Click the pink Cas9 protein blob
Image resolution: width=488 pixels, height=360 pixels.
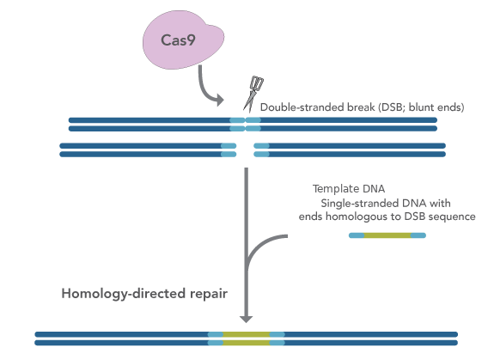click(183, 40)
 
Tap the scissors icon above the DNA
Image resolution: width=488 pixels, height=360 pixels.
click(253, 94)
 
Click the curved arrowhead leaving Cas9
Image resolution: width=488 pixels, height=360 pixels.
click(220, 100)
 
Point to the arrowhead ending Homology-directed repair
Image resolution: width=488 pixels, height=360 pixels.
click(247, 320)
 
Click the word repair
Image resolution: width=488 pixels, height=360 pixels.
click(209, 295)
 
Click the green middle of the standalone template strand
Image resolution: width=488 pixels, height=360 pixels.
click(387, 235)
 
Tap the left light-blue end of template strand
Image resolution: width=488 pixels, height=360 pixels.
click(357, 235)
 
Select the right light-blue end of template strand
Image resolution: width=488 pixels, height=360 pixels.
click(418, 235)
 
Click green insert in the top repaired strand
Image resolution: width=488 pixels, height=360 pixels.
click(247, 334)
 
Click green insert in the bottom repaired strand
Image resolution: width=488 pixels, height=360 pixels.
click(247, 343)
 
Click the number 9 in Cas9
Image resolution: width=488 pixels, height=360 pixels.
click(191, 40)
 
